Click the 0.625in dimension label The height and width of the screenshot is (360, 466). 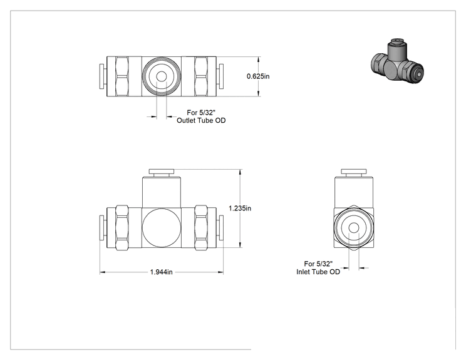pos(258,76)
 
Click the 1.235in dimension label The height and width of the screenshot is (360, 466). pos(240,208)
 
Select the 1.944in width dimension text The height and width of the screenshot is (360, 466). pos(161,272)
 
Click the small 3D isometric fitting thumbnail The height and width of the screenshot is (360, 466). pos(397,61)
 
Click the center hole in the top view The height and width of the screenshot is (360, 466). pos(162,76)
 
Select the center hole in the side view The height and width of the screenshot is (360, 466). pos(354,228)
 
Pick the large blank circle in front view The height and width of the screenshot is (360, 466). pos(162,227)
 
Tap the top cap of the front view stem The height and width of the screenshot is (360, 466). pos(162,172)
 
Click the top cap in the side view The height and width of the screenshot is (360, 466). pos(354,172)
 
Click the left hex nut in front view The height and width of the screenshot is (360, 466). pos(122,227)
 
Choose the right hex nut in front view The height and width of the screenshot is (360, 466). pos(201,227)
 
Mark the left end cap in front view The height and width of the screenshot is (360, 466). pos(101,227)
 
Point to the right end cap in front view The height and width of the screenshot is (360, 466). pos(221,227)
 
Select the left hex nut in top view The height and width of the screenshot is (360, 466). pos(122,76)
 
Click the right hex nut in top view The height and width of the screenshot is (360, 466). pos(201,76)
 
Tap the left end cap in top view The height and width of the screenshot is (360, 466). pos(101,76)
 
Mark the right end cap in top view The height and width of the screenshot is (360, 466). pos(221,76)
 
